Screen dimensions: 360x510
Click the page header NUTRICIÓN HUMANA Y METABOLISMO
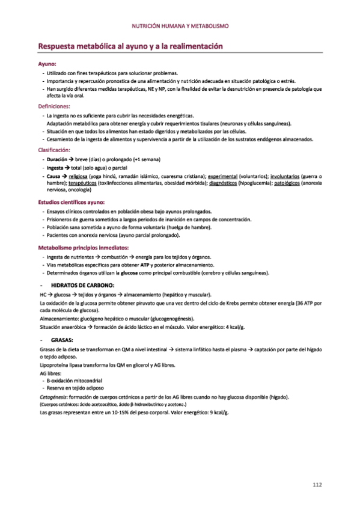coord(180,26)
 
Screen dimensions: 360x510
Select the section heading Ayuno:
coord(47,63)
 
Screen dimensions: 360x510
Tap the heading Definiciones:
coord(54,106)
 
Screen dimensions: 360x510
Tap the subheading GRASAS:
coord(63,340)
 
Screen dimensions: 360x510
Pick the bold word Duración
coord(56,159)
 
